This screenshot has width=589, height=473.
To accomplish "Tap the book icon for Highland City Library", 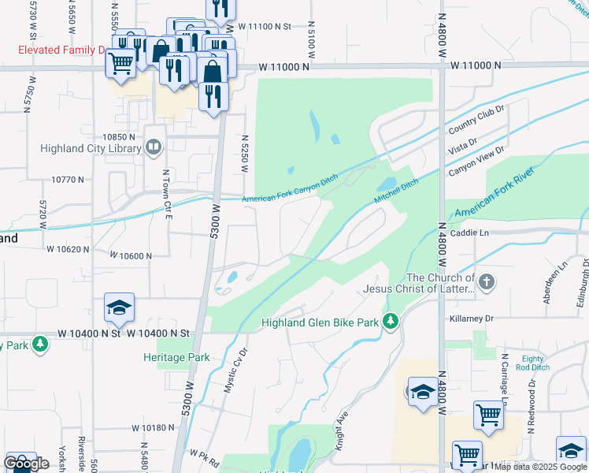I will click(x=154, y=146).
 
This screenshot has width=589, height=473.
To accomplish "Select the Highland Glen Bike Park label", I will click(x=320, y=322).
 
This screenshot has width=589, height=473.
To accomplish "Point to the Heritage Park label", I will click(x=176, y=357).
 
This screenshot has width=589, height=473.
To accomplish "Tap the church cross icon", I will click(x=487, y=281).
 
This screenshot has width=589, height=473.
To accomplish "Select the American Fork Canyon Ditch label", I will click(x=292, y=199).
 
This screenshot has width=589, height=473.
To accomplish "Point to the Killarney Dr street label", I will click(x=472, y=318).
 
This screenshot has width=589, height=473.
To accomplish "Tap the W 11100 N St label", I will click(x=264, y=26).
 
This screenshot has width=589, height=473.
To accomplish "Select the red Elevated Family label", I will click(x=62, y=50).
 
